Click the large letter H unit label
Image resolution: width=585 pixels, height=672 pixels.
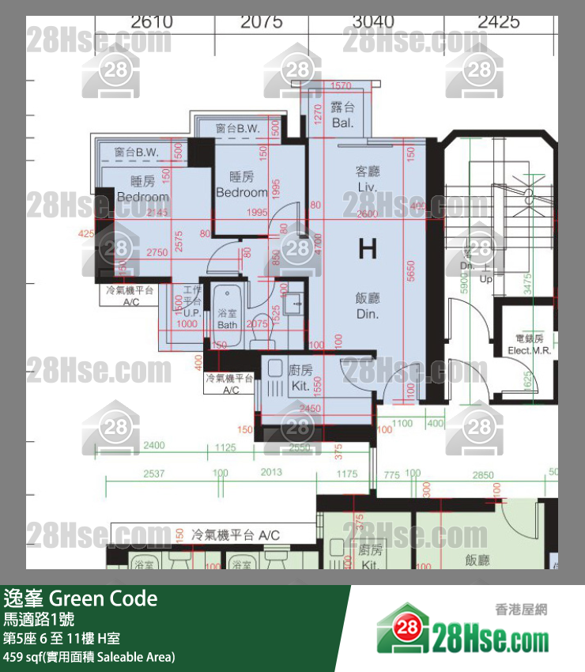[x=368, y=250]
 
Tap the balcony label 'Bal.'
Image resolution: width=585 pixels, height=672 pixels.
[x=342, y=124]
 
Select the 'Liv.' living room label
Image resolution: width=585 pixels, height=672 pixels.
[x=368, y=187]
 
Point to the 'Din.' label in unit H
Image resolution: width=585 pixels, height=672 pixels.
[x=368, y=313]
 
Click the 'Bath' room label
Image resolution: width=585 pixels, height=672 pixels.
[x=227, y=325]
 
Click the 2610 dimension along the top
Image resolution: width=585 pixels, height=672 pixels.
[x=152, y=22]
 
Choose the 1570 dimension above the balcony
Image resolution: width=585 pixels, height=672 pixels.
[x=341, y=85]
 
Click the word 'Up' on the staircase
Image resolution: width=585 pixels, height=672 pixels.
[x=487, y=279]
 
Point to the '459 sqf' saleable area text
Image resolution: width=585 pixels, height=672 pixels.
[x=24, y=656]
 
